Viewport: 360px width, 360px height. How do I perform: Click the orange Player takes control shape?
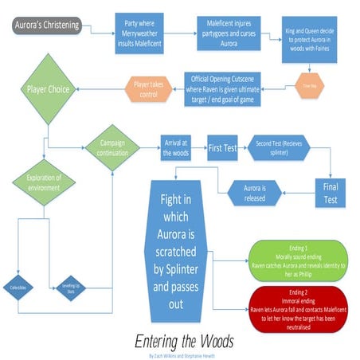click(151, 87)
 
